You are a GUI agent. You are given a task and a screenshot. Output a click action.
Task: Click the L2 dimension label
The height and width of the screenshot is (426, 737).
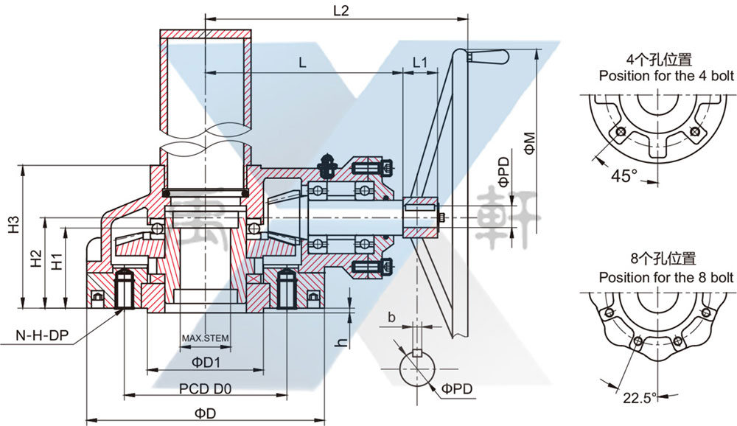click(x=340, y=10)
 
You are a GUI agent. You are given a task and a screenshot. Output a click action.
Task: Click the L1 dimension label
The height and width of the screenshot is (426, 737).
click(x=420, y=63)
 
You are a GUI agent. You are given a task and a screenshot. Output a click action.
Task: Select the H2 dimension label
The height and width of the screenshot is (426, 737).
click(x=35, y=258)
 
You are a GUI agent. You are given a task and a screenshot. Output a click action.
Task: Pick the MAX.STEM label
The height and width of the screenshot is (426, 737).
click(x=206, y=339)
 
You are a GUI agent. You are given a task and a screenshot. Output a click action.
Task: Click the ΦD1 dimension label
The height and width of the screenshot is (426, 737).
click(x=207, y=363)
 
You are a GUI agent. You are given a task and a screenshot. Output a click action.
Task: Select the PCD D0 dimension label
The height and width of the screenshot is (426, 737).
click(x=206, y=388)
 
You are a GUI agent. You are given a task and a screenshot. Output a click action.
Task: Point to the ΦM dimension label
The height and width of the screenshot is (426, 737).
click(x=529, y=140)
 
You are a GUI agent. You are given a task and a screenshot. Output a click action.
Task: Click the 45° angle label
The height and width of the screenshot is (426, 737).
click(x=624, y=176)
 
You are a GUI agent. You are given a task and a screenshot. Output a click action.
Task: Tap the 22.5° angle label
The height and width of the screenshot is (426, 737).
click(x=639, y=398)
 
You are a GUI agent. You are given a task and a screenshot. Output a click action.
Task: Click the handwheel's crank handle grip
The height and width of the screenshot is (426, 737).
click(x=489, y=56)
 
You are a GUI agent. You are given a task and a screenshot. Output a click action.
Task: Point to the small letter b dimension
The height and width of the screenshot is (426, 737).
click(x=392, y=318)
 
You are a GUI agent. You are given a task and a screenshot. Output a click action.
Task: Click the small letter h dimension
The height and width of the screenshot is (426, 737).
click(x=340, y=343)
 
